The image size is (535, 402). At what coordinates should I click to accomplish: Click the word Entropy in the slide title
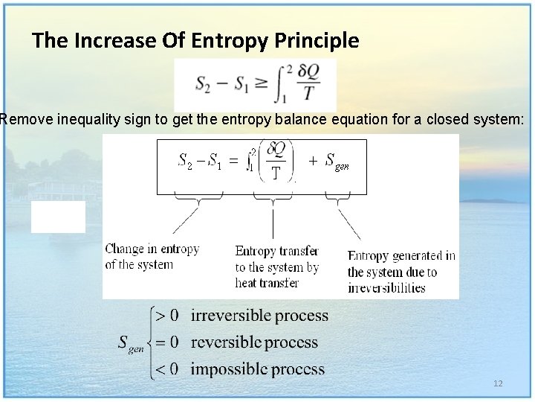point(221,40)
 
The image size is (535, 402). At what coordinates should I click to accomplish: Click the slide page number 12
point(498,383)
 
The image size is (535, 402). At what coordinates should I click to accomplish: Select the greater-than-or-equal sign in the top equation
point(262,83)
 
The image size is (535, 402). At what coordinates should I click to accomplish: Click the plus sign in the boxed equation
point(312,160)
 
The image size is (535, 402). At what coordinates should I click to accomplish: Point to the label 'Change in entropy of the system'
point(152,256)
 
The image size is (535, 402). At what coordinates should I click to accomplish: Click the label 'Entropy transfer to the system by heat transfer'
point(276,267)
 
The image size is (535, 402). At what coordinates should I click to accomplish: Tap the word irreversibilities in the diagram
point(386,288)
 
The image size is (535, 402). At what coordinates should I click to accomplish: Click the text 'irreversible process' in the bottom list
point(259,316)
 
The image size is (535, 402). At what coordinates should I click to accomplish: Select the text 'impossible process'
point(258,368)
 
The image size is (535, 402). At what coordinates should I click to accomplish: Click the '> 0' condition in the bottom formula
point(165,316)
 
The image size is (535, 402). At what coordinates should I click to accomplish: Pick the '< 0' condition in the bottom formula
point(165,368)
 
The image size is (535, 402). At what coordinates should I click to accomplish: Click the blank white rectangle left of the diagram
point(58,217)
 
